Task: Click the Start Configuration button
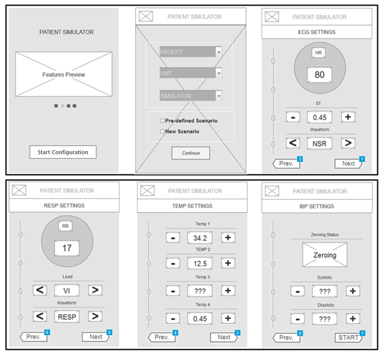[63, 152]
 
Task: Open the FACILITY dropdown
[219, 52]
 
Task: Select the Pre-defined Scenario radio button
[162, 121]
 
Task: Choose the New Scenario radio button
[162, 131]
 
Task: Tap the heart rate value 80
[319, 75]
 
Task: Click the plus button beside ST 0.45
[348, 117]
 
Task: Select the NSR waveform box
[319, 143]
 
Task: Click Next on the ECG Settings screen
[348, 164]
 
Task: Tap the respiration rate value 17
[67, 248]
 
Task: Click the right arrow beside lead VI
[95, 290]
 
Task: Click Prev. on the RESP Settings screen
[34, 337]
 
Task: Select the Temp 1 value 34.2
[200, 238]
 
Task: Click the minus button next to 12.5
[173, 263]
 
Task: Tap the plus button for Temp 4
[228, 318]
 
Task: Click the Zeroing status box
[325, 255]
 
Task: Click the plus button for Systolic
[353, 291]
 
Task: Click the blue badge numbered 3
[237, 333]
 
